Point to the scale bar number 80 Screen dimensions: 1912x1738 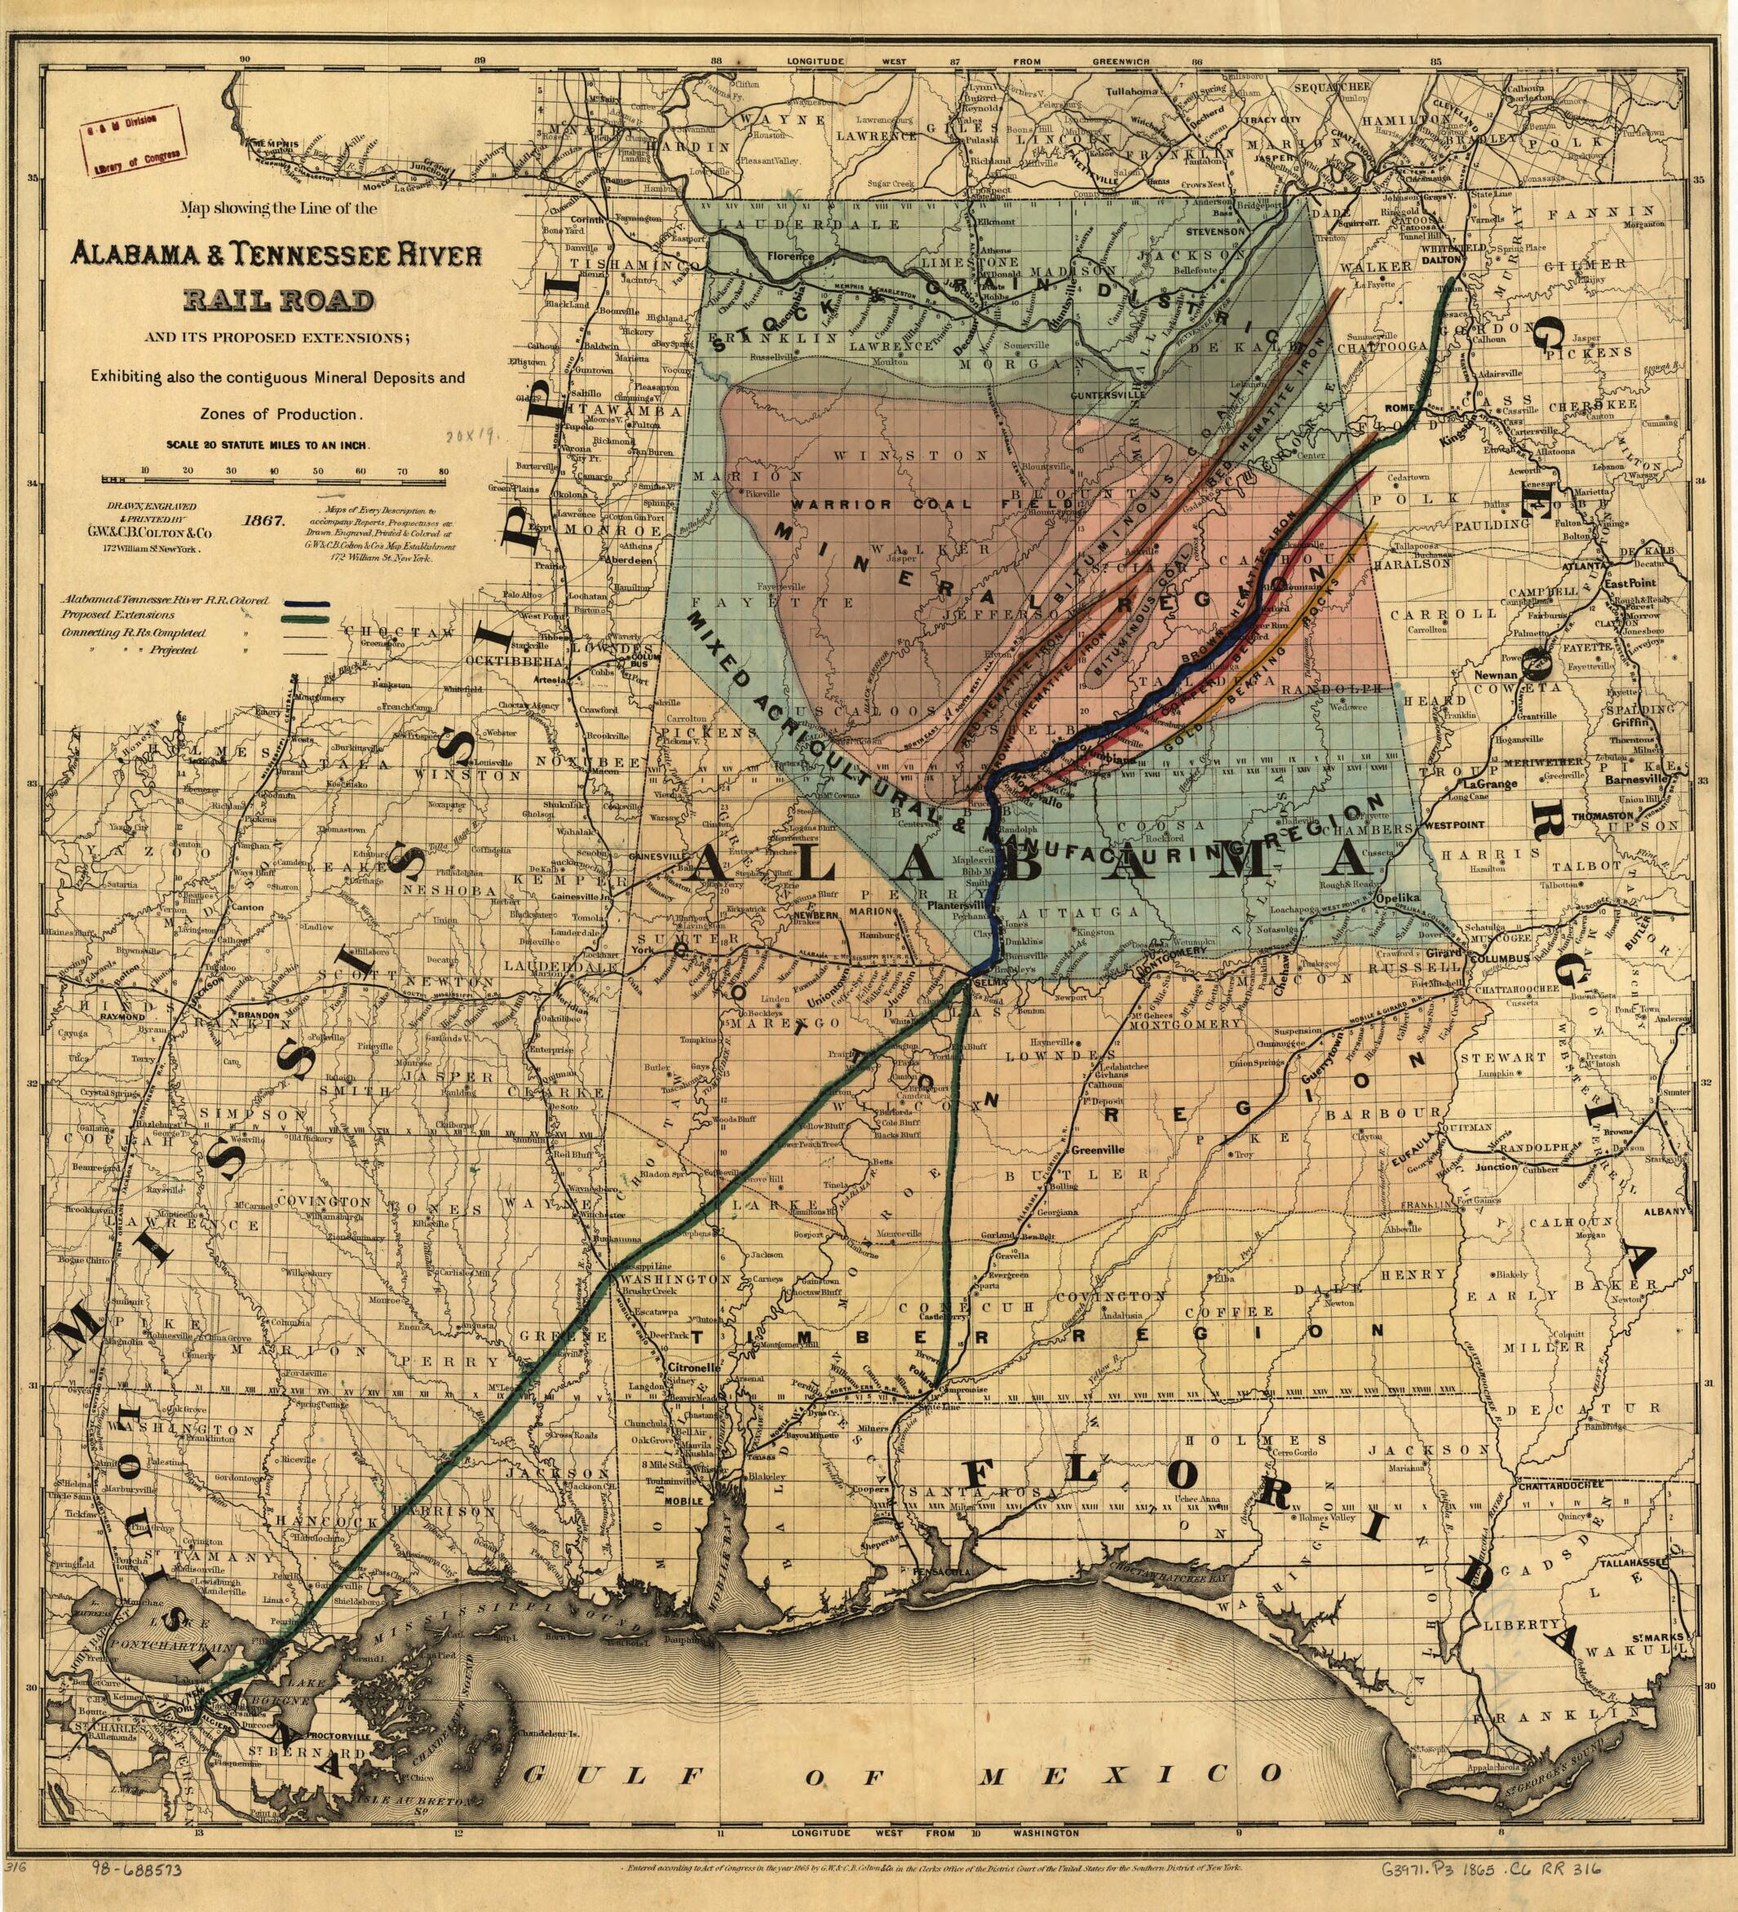coord(443,470)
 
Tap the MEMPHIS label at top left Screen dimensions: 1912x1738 coord(275,144)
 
